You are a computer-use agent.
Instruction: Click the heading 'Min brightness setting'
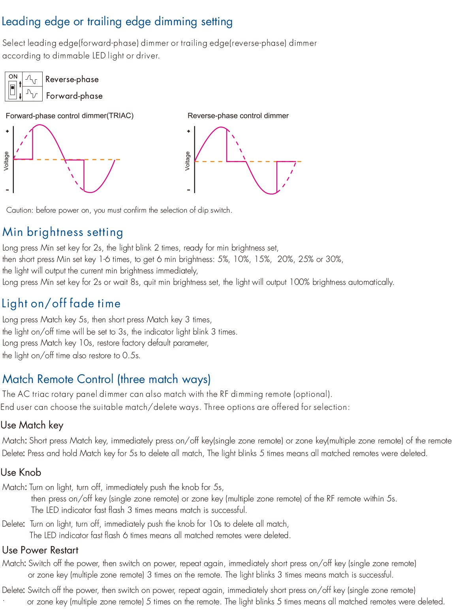pyautogui.click(x=63, y=232)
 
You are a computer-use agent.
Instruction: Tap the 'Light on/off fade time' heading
pyautogui.click(x=61, y=303)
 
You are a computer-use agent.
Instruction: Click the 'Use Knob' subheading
pyautogui.click(x=21, y=472)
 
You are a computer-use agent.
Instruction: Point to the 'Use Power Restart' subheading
pyautogui.click(x=40, y=550)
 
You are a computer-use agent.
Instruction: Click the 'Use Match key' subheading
pyautogui.click(x=32, y=425)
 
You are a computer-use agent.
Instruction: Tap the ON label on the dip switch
pyautogui.click(x=13, y=77)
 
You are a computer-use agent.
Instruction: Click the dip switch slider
pyautogui.click(x=13, y=90)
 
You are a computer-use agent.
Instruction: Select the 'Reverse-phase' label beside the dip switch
pyautogui.click(x=72, y=79)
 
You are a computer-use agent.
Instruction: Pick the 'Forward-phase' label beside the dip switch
pyautogui.click(x=74, y=96)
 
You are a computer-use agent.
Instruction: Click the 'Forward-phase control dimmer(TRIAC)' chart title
pyautogui.click(x=70, y=116)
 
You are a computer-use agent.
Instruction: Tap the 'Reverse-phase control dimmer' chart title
pyautogui.click(x=238, y=116)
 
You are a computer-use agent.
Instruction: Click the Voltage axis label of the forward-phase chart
pyautogui.click(x=6, y=161)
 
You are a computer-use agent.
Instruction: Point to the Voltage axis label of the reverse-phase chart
pyautogui.click(x=188, y=161)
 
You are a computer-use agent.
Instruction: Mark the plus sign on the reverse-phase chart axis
pyautogui.click(x=189, y=131)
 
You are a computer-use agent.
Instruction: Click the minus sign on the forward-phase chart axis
pyautogui.click(x=7, y=190)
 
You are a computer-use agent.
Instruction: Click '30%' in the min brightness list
pyautogui.click(x=334, y=259)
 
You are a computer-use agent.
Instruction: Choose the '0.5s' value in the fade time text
pyautogui.click(x=131, y=355)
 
